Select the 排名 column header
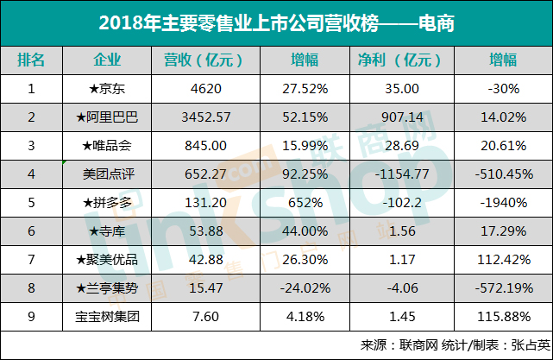[32, 60]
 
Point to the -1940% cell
[503, 202]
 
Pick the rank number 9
[32, 316]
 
